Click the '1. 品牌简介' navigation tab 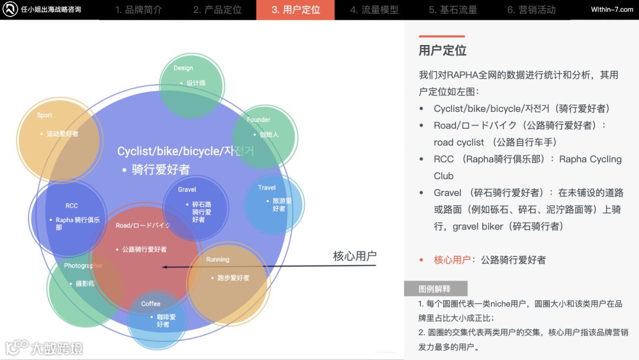[138, 10]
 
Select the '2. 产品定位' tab [217, 10]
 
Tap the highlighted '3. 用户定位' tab [295, 10]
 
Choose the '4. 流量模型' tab [374, 10]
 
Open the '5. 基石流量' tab [453, 10]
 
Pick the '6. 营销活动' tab [531, 10]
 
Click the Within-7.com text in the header [612, 9]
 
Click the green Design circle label [183, 68]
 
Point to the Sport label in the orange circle [44, 115]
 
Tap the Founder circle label [259, 120]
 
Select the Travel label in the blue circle [267, 188]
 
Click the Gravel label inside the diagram [187, 189]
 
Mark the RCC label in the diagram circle [72, 206]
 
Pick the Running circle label [218, 259]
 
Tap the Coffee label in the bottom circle [151, 304]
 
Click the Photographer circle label [83, 266]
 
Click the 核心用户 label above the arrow [354, 256]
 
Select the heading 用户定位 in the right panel [443, 50]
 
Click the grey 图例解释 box [435, 289]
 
